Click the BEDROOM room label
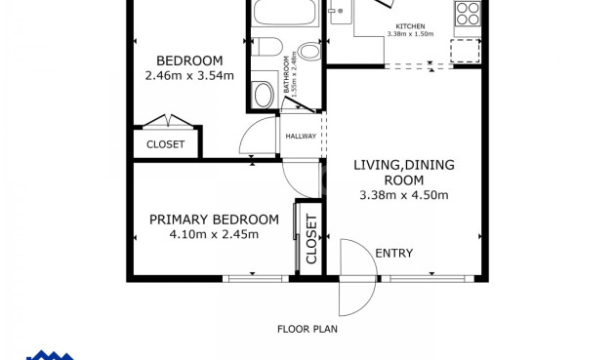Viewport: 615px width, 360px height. [x=189, y=60]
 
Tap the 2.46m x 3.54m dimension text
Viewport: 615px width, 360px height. [x=189, y=75]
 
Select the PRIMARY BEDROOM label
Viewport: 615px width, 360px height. [x=214, y=220]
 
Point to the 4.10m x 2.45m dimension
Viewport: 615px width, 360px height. [x=214, y=234]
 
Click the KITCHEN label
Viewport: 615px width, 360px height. [x=410, y=26]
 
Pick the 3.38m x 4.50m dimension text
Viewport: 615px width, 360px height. [x=404, y=195]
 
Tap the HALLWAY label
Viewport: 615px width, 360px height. [x=301, y=137]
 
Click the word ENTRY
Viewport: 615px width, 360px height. [x=394, y=254]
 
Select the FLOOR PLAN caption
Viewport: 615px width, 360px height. [x=307, y=329]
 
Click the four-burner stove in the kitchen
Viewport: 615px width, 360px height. [x=468, y=14]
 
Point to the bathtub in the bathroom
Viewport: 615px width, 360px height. [x=285, y=13]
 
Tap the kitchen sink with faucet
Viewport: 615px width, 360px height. [x=341, y=12]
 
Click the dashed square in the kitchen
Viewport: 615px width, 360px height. [x=466, y=51]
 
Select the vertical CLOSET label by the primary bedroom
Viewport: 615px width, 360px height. [x=311, y=239]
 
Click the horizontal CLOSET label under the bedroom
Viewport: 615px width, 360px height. [x=166, y=144]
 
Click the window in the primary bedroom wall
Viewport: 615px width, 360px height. [x=256, y=279]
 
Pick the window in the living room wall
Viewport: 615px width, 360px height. [x=428, y=279]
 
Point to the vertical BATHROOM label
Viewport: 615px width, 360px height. [x=289, y=74]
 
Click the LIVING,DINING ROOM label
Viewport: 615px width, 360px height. [x=404, y=172]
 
